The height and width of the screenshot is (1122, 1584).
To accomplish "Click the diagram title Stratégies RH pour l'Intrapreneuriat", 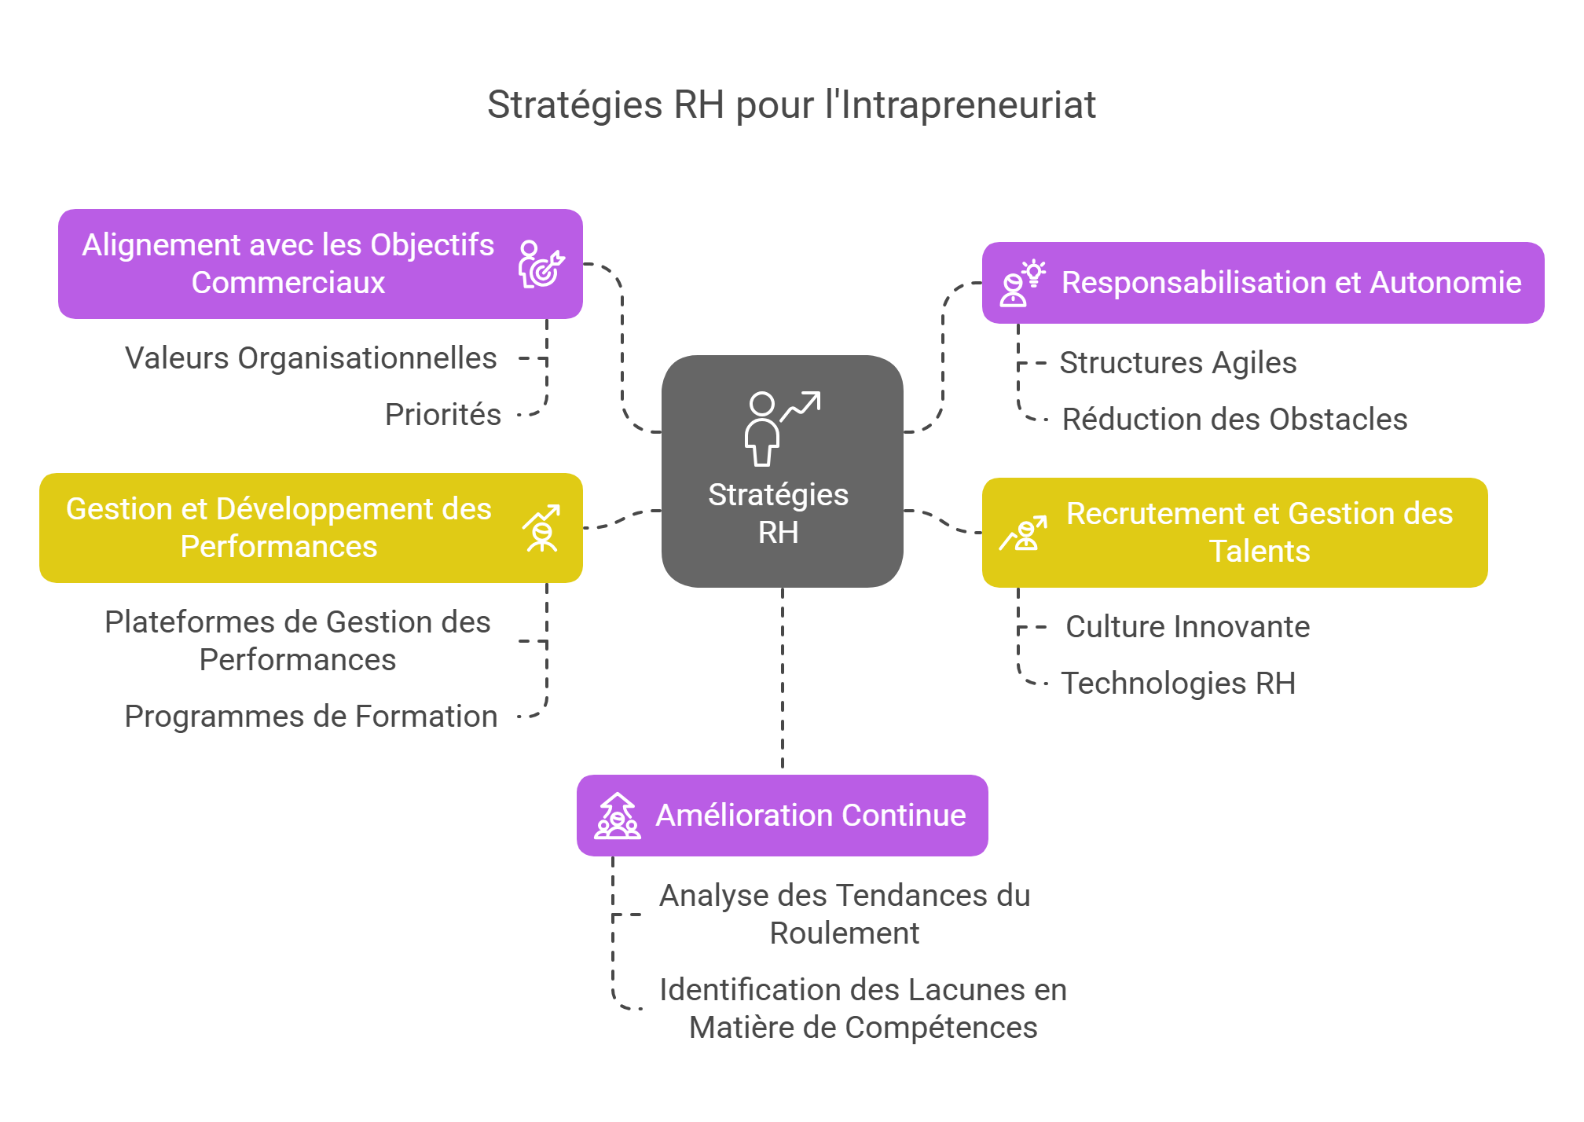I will pyautogui.click(x=791, y=104).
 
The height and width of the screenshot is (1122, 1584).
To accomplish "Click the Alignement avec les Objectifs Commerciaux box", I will pyautogui.click(x=288, y=264).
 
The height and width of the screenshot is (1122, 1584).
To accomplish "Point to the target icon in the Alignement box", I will pyautogui.click(x=541, y=264).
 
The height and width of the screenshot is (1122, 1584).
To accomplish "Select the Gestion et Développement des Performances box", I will pyautogui.click(x=279, y=528).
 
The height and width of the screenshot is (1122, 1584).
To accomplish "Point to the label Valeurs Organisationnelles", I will pyautogui.click(x=310, y=358).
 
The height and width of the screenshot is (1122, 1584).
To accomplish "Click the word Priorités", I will pyautogui.click(x=442, y=415).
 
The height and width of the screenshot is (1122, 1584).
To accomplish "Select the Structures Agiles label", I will pyautogui.click(x=1178, y=363).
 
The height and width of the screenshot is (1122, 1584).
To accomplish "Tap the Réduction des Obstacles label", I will pyautogui.click(x=1234, y=420).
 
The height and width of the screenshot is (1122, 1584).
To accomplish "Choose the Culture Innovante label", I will pyautogui.click(x=1187, y=627).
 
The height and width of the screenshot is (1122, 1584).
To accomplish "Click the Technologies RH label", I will pyautogui.click(x=1178, y=684).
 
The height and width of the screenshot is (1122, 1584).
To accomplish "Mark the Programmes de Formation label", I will pyautogui.click(x=310, y=717).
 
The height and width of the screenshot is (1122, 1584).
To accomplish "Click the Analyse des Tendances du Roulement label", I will pyautogui.click(x=844, y=914).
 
